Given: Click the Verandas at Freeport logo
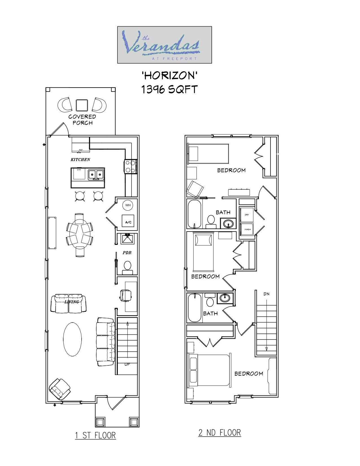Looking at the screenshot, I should (164, 45).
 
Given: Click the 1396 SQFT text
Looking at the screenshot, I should (169, 90).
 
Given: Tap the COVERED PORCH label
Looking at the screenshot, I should (82, 119).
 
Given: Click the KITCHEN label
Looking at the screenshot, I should (80, 160).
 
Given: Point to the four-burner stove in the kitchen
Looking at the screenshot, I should (130, 166).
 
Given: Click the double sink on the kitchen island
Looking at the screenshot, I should (96, 175).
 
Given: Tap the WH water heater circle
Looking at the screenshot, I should (128, 205).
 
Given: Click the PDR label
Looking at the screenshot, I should (127, 253).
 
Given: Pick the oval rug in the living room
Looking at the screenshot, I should (72, 339).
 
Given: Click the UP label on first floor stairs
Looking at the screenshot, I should (127, 364).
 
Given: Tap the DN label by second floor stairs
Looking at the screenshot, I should (266, 294).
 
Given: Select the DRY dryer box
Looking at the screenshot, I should (247, 215).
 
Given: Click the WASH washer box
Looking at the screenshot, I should (247, 229).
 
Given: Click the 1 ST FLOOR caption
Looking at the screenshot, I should (95, 435).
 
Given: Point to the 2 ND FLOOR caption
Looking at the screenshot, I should (219, 432).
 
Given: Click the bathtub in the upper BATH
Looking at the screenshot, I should (194, 214).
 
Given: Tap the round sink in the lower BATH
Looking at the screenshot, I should (225, 298).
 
